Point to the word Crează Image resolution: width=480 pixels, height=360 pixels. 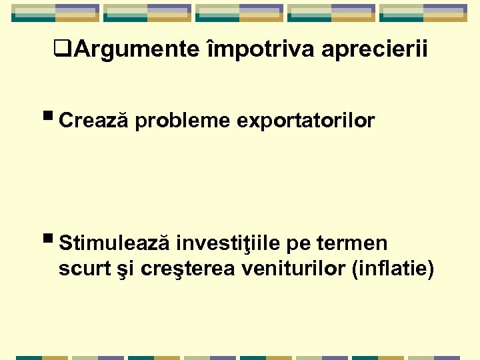pyautogui.click(x=93, y=121)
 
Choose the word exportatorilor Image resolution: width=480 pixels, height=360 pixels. pyautogui.click(x=306, y=121)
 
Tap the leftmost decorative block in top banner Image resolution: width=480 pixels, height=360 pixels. pyautogui.click(x=55, y=13)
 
